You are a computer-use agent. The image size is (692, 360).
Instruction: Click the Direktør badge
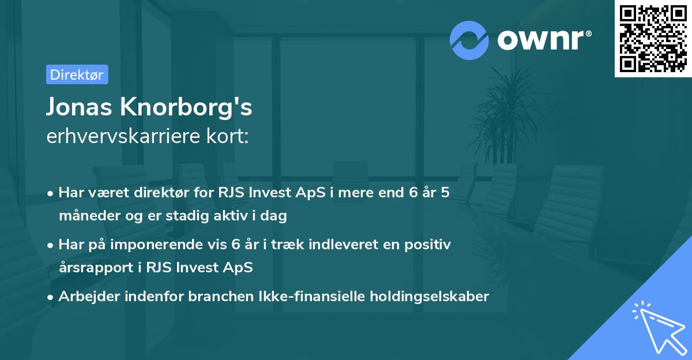[76, 74]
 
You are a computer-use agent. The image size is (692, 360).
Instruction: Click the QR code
[653, 39]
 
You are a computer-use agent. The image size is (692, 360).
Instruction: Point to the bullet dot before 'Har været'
[51, 194]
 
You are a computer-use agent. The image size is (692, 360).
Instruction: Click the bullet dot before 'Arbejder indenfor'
[51, 298]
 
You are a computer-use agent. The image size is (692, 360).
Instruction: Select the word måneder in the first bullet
[84, 216]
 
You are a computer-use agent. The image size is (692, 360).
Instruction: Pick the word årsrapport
[90, 268]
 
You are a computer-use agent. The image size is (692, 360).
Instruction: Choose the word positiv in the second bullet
[429, 245]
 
